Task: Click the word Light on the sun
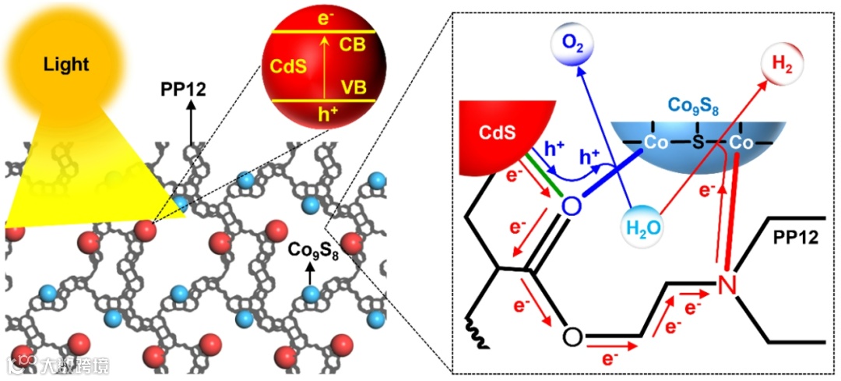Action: click(66, 65)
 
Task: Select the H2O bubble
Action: click(642, 228)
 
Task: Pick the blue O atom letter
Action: click(571, 206)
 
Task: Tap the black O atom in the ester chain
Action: click(572, 337)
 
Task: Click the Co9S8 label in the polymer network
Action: click(312, 250)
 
